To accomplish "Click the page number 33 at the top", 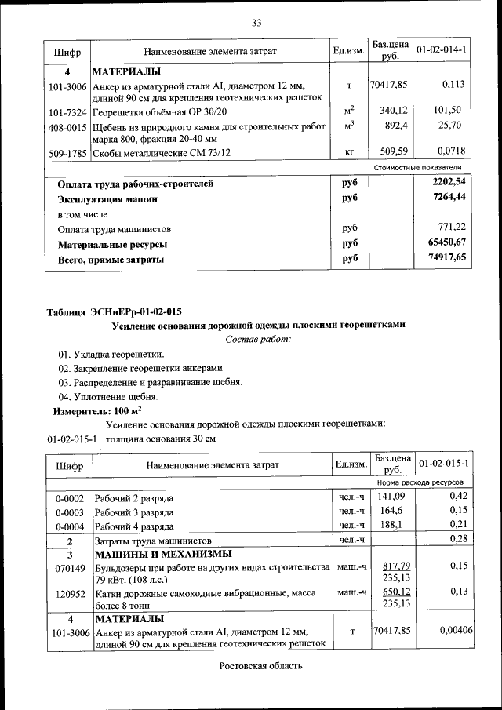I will (256, 22).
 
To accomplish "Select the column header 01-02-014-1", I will (441, 50).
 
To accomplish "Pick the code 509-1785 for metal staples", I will (68, 152).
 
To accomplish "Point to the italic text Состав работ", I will (257, 339).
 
